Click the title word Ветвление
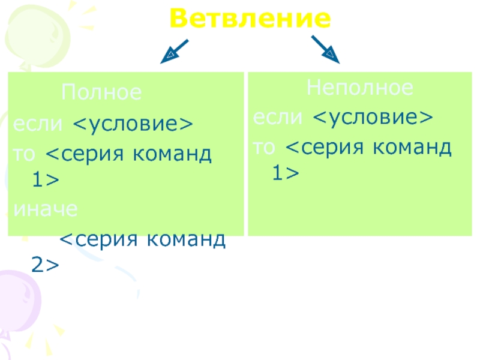point(250,20)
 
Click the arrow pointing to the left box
point(175,52)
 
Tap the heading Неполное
point(360,89)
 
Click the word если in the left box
point(37,124)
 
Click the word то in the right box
point(266,147)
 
